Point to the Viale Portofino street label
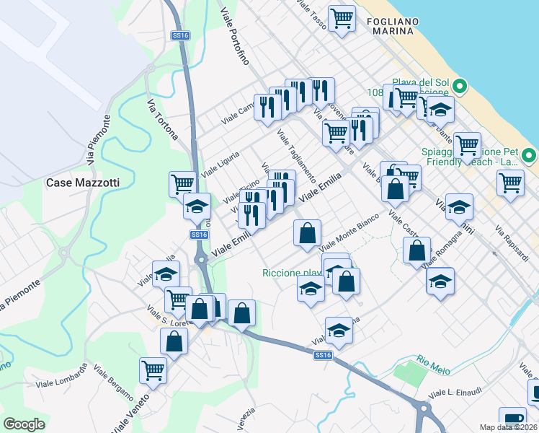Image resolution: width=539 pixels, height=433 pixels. click(235, 35)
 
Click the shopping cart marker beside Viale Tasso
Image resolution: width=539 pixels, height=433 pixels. click(342, 18)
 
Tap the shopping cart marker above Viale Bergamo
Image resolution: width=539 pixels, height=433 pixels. click(153, 371)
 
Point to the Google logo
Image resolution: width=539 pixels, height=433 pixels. click(24, 424)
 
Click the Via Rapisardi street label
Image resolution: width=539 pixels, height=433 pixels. click(511, 241)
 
